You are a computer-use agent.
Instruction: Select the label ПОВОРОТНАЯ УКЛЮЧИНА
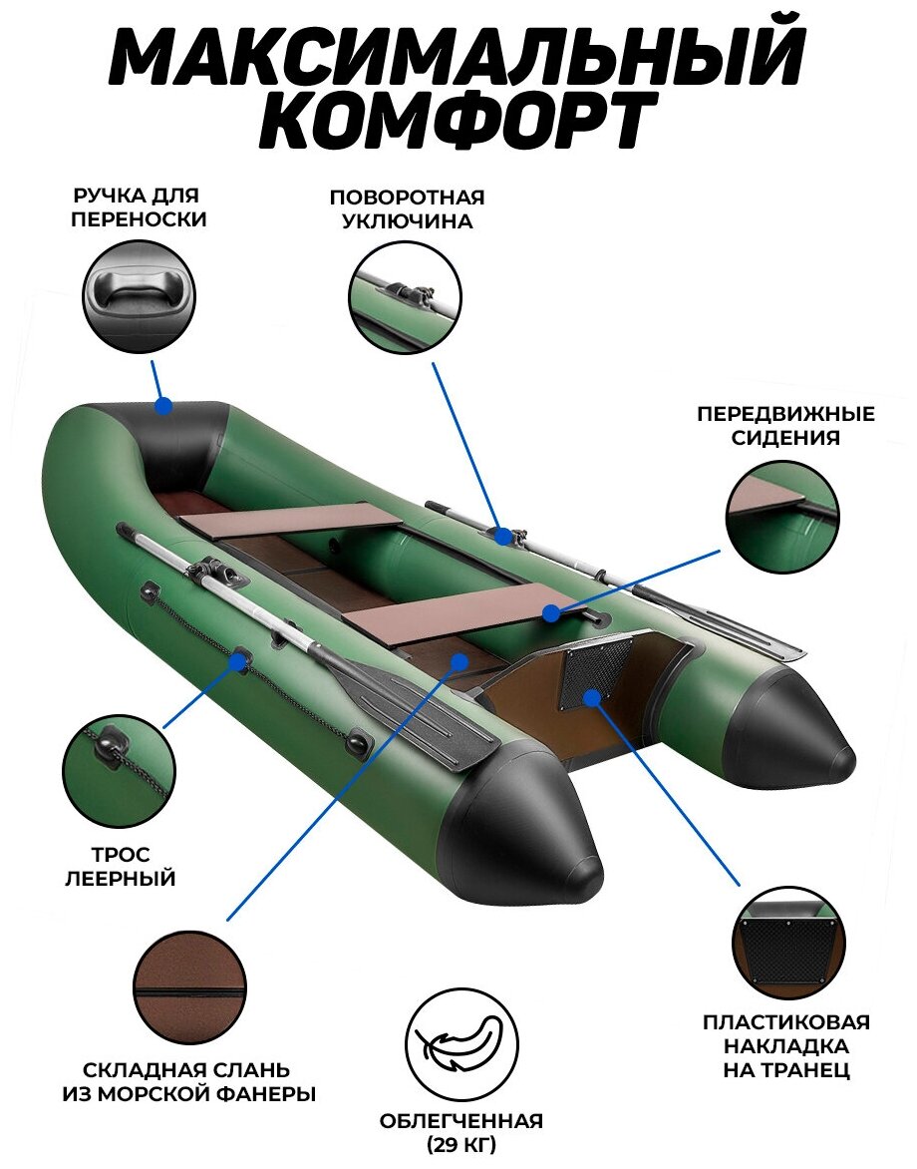pos(407,208)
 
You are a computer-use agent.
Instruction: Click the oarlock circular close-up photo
pos(406,296)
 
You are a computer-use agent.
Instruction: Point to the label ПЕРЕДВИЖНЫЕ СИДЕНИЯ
pos(785,425)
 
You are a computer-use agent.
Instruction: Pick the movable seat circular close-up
pos(782,517)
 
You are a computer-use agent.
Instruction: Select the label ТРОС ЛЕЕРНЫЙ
pos(121,866)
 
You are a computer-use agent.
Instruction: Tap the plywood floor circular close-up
pos(189,987)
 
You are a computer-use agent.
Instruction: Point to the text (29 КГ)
pos(460,1143)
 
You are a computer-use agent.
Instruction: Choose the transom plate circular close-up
pos(788,942)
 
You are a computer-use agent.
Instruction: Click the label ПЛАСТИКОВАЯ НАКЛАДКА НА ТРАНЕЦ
pos(786,1046)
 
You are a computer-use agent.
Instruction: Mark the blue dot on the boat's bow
pos(163,406)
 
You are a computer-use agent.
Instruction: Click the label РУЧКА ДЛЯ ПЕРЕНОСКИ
pos(139,207)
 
